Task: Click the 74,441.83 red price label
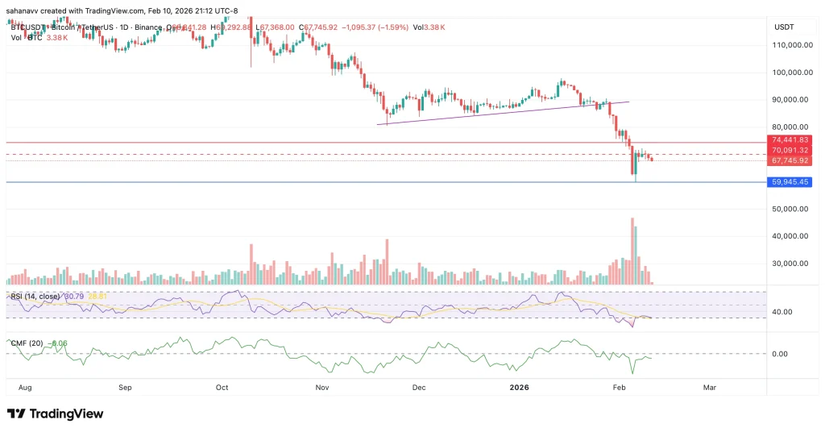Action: pos(790,140)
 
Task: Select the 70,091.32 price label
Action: pos(790,150)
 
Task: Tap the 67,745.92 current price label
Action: pos(790,160)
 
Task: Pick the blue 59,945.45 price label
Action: pos(790,182)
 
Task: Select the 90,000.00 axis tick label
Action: pos(790,100)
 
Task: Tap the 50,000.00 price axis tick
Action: pos(790,209)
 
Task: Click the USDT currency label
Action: pos(784,27)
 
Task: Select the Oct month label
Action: pos(223,387)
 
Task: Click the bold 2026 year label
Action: pos(520,387)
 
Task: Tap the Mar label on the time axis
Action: pos(709,387)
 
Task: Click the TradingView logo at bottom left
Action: pos(56,413)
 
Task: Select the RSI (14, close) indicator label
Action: pos(35,297)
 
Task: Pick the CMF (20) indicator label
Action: pos(27,343)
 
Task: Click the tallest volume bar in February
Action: pos(632,250)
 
